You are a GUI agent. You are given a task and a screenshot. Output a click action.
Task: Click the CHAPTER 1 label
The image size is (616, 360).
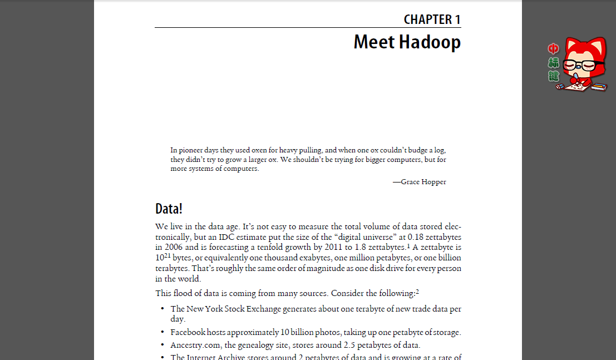[x=432, y=19]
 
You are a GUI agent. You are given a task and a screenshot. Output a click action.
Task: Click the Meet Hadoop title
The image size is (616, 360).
[x=407, y=42]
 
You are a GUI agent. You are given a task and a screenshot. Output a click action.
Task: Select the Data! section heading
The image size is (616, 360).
[x=169, y=209]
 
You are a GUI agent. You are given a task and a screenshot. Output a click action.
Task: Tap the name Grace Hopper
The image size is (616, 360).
[x=423, y=182]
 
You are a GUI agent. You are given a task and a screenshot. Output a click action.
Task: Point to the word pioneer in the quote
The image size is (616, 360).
[x=192, y=150]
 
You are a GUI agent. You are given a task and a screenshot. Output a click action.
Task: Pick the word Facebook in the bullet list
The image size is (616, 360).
[x=188, y=333]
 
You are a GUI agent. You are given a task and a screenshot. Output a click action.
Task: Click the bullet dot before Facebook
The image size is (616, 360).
[x=162, y=333]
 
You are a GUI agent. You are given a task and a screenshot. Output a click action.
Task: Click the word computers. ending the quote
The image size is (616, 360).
[x=241, y=169]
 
